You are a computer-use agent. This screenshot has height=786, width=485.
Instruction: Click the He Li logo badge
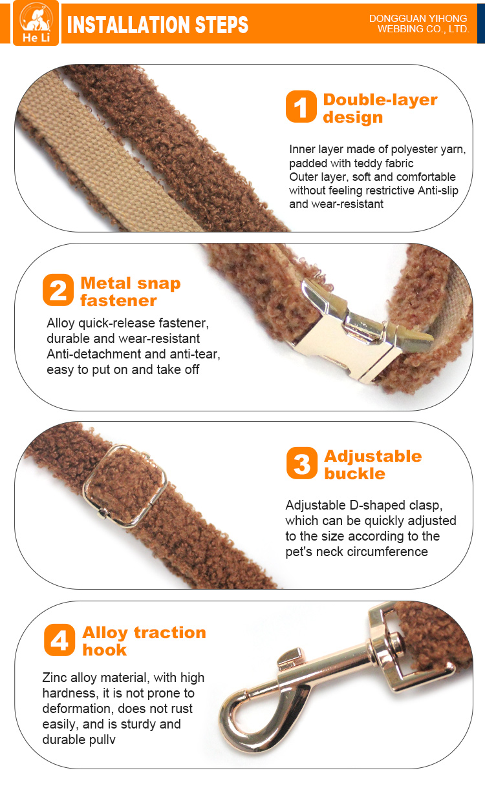point(36,23)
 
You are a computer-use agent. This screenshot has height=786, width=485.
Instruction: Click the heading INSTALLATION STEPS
point(157,25)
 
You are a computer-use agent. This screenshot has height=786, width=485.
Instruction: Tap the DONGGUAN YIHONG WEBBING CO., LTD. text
point(419,23)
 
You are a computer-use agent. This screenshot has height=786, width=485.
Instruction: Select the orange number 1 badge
point(301,107)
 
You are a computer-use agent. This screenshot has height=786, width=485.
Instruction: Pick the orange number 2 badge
point(58,290)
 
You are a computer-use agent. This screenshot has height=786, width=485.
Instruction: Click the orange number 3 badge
point(302,463)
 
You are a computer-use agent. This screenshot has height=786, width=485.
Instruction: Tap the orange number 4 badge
point(59,640)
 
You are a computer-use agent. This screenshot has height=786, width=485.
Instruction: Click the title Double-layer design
point(380,109)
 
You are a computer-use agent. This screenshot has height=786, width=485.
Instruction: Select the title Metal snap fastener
point(131,292)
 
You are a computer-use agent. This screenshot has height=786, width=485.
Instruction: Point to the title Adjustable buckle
point(373,465)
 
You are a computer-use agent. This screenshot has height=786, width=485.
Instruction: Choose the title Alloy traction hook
point(144,641)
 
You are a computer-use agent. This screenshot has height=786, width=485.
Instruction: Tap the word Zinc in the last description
point(55,677)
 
